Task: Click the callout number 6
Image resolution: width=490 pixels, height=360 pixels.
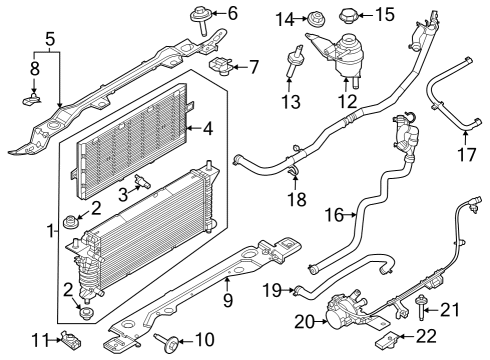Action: point(232,13)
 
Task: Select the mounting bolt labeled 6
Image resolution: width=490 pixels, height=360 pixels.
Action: point(197,19)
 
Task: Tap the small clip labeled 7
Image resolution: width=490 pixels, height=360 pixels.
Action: point(221,67)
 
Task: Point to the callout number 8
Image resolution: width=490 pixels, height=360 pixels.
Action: point(33,70)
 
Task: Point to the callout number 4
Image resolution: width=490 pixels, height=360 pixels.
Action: point(207,128)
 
